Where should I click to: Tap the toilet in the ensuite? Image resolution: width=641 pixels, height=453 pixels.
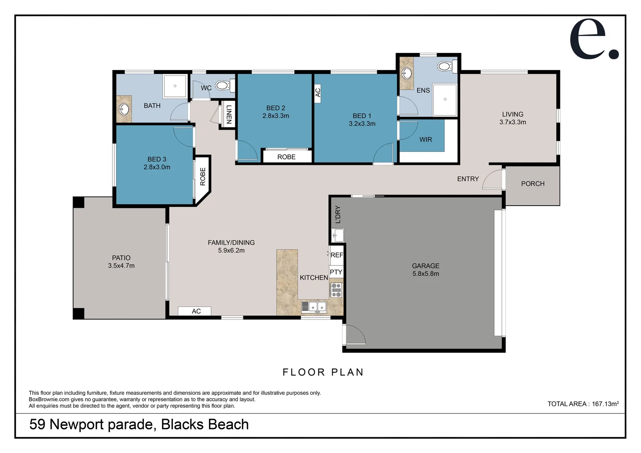pos(445,66)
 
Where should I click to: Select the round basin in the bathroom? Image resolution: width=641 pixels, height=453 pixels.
pos(123,110)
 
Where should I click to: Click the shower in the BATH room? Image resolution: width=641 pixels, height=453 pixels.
pos(175,86)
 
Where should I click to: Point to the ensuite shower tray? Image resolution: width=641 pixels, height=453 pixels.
pos(445,99)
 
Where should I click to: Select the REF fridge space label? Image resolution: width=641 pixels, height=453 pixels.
pos(336,255)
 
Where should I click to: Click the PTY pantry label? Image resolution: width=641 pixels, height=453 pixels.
pos(336,272)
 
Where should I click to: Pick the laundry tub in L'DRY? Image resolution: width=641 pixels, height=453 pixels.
pos(337,235)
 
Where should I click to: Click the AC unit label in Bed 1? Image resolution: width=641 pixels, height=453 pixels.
pos(318,91)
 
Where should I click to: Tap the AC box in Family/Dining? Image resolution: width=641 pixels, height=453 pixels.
pos(195,311)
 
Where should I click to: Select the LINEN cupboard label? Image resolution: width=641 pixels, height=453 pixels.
pos(229,114)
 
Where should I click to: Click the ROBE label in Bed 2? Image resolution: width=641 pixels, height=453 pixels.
pos(287,157)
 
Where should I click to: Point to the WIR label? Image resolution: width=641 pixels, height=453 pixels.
pos(425,140)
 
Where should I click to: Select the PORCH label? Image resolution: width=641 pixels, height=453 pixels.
pos(532,184)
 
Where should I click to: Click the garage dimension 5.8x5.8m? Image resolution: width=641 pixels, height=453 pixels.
pos(425,274)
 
